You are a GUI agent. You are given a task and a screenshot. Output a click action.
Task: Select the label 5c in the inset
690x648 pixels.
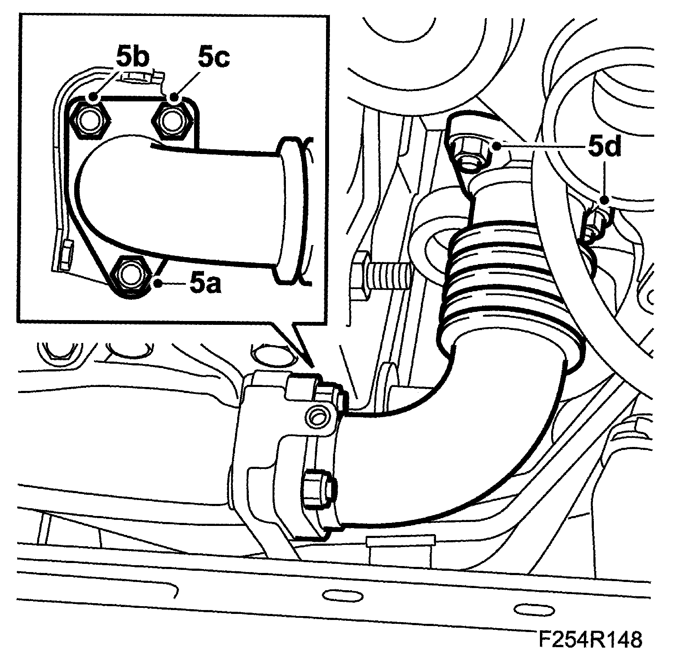coord(214,57)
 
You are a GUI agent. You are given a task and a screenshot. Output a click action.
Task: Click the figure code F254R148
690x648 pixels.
coord(590,638)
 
